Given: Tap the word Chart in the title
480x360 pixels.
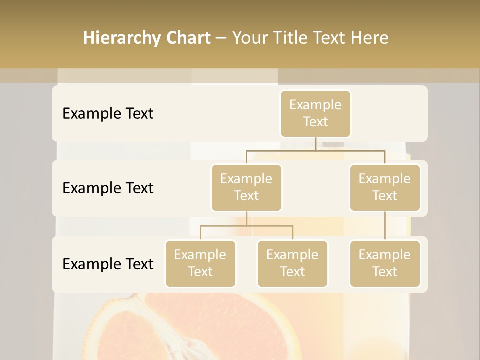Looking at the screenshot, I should pos(188,38).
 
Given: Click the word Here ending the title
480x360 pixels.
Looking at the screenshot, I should pos(370,38).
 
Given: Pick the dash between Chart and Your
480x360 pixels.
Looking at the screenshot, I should pos(221,39).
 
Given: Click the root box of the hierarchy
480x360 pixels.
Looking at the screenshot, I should pos(315,113).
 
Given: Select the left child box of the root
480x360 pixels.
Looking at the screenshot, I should pos(246,187).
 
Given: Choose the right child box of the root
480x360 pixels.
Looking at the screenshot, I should pos(385,187).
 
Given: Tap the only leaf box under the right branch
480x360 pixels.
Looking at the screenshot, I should pos(385,263).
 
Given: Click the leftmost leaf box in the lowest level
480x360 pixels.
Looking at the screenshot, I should pos(200,263).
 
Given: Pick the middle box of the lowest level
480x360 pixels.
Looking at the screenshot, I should pos(292,263).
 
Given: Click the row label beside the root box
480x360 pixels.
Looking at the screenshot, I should pos(108,113).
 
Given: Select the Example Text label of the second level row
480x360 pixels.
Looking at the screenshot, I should pos(108,188).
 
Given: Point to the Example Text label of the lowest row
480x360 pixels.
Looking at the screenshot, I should pos(108,264).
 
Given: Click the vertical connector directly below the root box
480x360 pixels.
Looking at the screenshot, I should pos(315,144).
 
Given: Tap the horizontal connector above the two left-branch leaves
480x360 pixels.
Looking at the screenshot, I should pos(246,226).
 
